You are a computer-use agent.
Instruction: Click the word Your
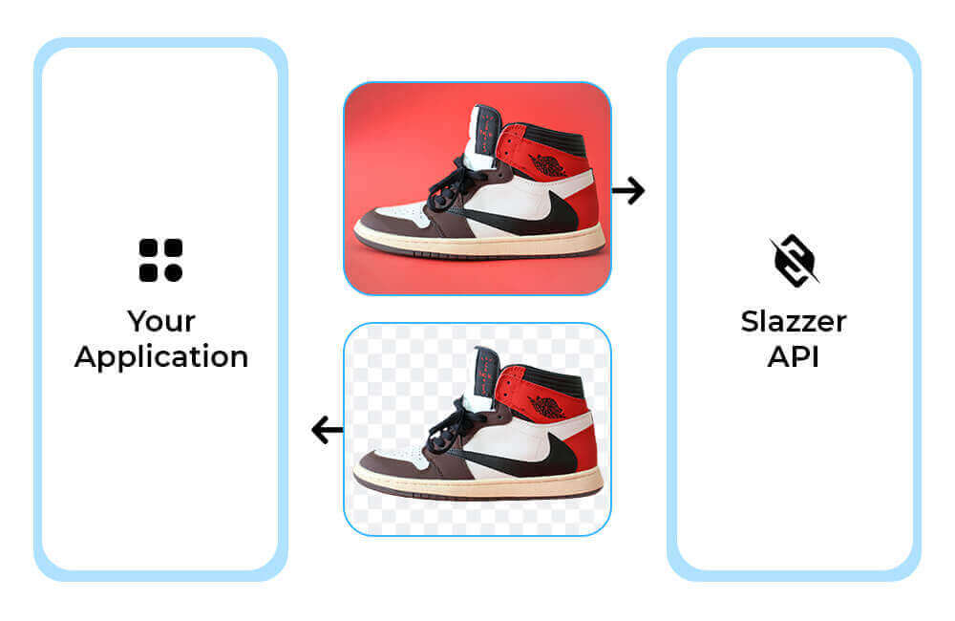pyautogui.click(x=161, y=321)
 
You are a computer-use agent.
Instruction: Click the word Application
pyautogui.click(x=161, y=357)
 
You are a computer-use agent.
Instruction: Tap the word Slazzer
pyautogui.click(x=794, y=321)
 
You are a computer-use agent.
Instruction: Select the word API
pyautogui.click(x=793, y=356)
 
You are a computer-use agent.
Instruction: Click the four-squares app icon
pyautogui.click(x=160, y=260)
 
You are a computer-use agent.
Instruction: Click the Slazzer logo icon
pyautogui.click(x=795, y=260)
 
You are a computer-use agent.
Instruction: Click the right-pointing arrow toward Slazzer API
pyautogui.click(x=628, y=191)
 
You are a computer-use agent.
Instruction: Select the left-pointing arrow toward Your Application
pyautogui.click(x=327, y=430)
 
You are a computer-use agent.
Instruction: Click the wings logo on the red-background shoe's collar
pyautogui.click(x=547, y=165)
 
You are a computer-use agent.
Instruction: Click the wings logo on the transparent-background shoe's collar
pyautogui.click(x=546, y=406)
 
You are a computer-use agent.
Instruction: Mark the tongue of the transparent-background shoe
pyautogui.click(x=484, y=376)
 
